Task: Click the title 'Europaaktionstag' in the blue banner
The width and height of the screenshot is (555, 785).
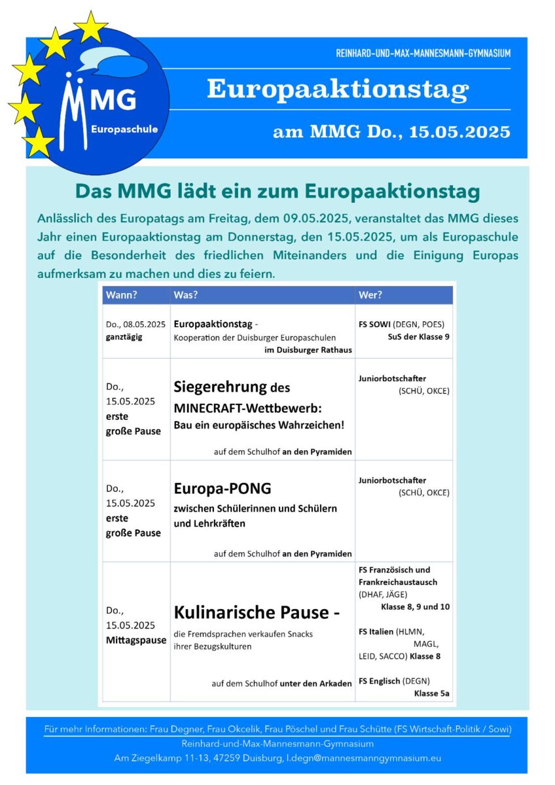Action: click(338, 89)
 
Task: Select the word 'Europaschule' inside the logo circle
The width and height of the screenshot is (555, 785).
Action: click(125, 130)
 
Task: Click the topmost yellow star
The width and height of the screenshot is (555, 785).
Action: click(91, 27)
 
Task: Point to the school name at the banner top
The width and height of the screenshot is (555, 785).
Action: click(419, 53)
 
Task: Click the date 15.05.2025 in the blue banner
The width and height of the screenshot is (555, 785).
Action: click(460, 132)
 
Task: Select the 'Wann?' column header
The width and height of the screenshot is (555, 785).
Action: click(121, 295)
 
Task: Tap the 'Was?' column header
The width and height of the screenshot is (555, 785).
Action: click(185, 295)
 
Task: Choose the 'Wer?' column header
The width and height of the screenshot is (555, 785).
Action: click(370, 295)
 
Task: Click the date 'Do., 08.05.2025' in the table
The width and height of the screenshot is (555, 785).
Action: click(135, 324)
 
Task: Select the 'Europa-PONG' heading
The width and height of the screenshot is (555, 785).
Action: click(223, 489)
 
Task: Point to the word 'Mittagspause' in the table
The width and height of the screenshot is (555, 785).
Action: click(136, 640)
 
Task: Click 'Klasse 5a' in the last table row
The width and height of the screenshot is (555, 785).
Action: click(431, 693)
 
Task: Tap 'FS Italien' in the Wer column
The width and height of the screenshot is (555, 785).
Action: click(376, 631)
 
